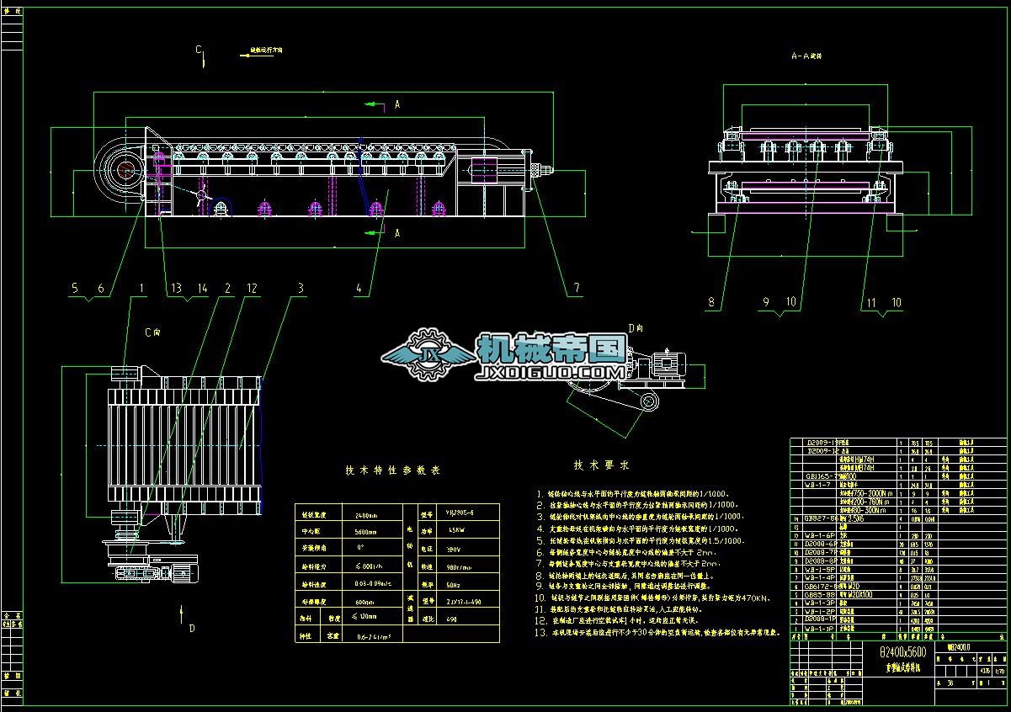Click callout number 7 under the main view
tap(577, 288)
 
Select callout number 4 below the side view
tap(359, 288)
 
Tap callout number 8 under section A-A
tap(711, 301)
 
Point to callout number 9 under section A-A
tap(766, 301)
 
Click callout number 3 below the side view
tap(300, 288)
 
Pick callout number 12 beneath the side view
tap(252, 288)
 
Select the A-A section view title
tap(806, 56)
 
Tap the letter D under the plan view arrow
tap(192, 628)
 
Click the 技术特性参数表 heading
tap(392, 470)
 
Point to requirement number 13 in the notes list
tap(541, 631)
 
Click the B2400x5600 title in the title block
tap(902, 652)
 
